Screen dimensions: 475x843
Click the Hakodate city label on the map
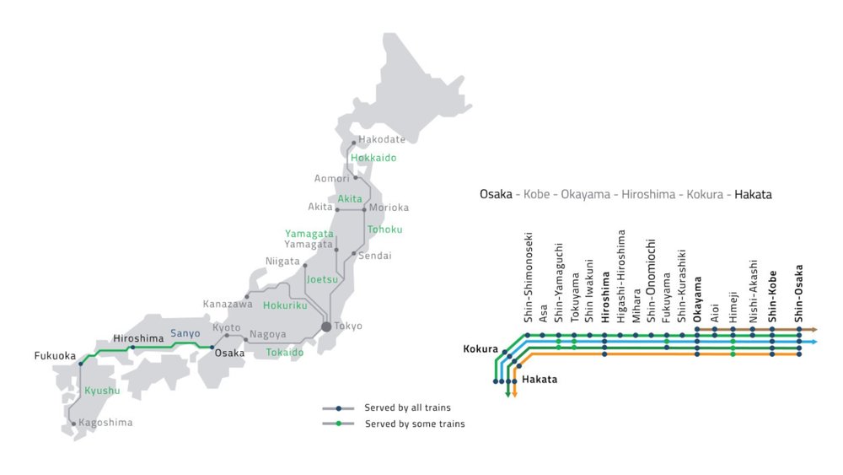click(x=382, y=139)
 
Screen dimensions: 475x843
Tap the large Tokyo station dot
click(x=325, y=327)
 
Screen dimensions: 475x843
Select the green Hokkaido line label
click(x=373, y=158)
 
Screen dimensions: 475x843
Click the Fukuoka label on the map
click(x=55, y=355)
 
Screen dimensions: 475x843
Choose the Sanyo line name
click(x=185, y=333)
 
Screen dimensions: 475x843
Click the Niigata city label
click(x=282, y=261)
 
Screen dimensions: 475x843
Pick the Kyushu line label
click(x=102, y=391)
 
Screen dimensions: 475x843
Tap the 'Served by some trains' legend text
click(x=414, y=424)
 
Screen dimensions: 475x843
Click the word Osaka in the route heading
click(x=496, y=194)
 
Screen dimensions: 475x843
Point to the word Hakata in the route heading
click(x=753, y=194)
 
